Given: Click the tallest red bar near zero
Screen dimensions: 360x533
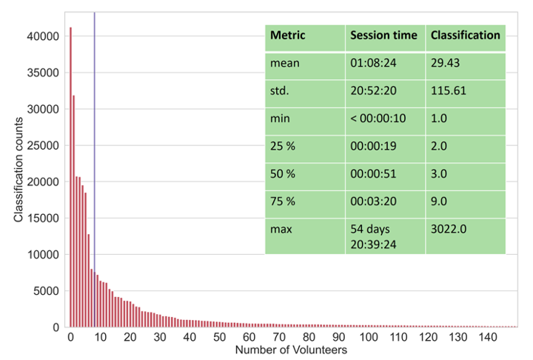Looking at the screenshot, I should tap(70, 178).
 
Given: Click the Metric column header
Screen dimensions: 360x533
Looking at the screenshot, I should tap(287, 36).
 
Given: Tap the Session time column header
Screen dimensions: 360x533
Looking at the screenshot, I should tap(383, 36).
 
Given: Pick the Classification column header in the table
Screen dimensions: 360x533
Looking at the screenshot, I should tap(465, 36).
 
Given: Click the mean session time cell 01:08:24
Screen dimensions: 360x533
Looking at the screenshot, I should tap(373, 63).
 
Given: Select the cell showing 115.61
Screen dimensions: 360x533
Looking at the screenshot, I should tap(447, 91).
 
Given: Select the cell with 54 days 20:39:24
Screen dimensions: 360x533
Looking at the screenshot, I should tap(375, 236).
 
